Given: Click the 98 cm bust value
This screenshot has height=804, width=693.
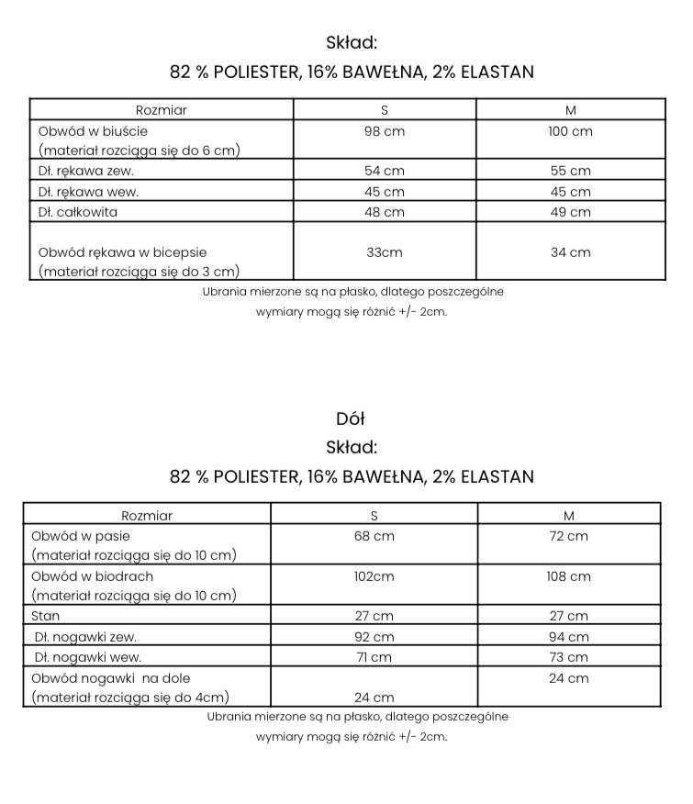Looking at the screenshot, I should (x=385, y=131).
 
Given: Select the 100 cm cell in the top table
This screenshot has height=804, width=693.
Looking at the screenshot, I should (x=570, y=131).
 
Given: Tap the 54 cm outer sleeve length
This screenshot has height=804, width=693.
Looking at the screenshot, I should (x=385, y=171).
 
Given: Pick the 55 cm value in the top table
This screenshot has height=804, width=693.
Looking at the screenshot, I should (x=570, y=171).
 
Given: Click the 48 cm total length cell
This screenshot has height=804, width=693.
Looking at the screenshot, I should (x=385, y=212).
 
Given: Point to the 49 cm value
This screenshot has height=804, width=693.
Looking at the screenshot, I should (x=570, y=212).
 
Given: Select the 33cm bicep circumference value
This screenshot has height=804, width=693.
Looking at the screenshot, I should (x=385, y=252).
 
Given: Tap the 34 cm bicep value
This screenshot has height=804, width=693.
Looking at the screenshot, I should (x=570, y=252).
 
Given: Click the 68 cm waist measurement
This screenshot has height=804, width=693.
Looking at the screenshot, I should (x=374, y=536).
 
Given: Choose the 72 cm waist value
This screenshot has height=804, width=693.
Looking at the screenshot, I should (x=568, y=536).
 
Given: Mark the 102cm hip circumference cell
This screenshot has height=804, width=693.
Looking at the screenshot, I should (x=374, y=576).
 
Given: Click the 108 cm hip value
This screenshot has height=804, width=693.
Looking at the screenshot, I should (x=568, y=576).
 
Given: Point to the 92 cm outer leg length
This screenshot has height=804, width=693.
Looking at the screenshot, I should (x=374, y=637).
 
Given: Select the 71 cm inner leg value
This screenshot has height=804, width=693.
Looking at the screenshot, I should (x=374, y=657).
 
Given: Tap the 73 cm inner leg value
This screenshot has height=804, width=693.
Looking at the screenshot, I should (x=568, y=657).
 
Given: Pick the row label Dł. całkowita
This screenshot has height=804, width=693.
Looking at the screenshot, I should (x=78, y=212).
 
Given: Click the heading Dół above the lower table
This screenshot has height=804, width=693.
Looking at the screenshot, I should (x=351, y=419).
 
